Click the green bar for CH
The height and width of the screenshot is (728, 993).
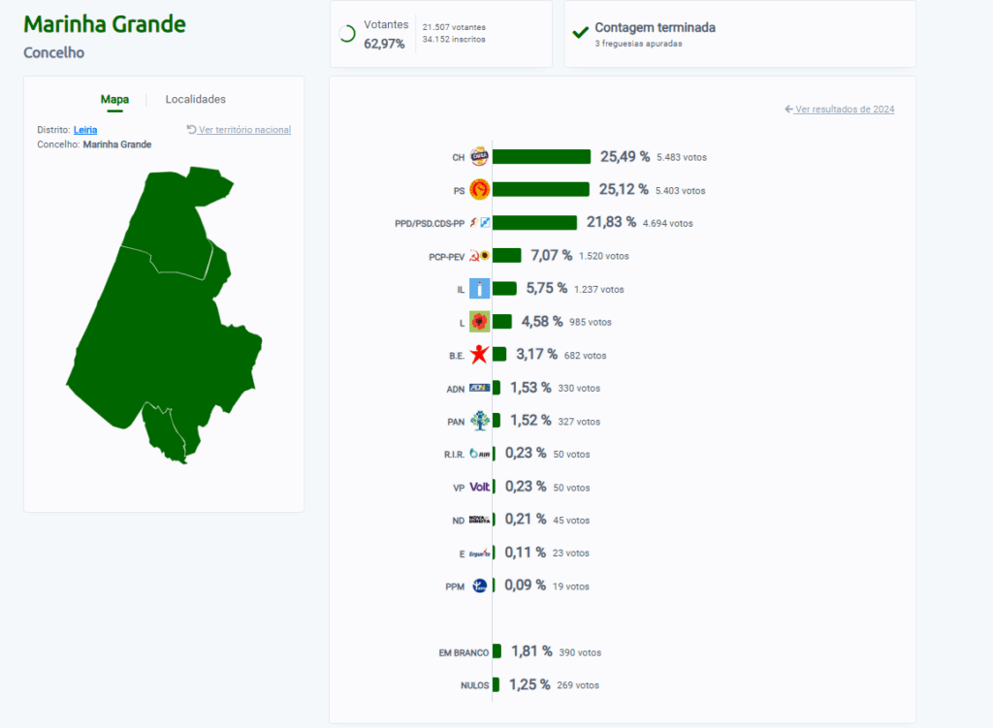tap(541, 157)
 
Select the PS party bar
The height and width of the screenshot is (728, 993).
tap(540, 190)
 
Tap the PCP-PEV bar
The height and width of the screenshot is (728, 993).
tap(506, 256)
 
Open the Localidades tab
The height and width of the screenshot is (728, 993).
tap(196, 99)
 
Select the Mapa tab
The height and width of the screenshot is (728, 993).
tap(114, 99)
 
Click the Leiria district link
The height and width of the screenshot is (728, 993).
tap(85, 130)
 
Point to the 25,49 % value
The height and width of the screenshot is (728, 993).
tap(625, 156)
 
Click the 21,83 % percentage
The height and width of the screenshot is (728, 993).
tap(611, 222)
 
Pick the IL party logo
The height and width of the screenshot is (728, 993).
tap(479, 289)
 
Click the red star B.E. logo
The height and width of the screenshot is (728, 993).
tap(479, 355)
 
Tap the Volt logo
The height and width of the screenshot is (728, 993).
tap(479, 488)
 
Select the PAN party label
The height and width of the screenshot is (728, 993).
tap(456, 422)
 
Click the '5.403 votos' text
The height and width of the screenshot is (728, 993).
tap(681, 191)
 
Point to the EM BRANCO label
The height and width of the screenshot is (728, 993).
tap(464, 653)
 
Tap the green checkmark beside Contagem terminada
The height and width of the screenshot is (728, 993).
tap(581, 33)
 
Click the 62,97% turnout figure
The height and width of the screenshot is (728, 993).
tap(384, 44)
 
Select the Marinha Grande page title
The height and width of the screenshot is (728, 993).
tap(105, 23)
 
